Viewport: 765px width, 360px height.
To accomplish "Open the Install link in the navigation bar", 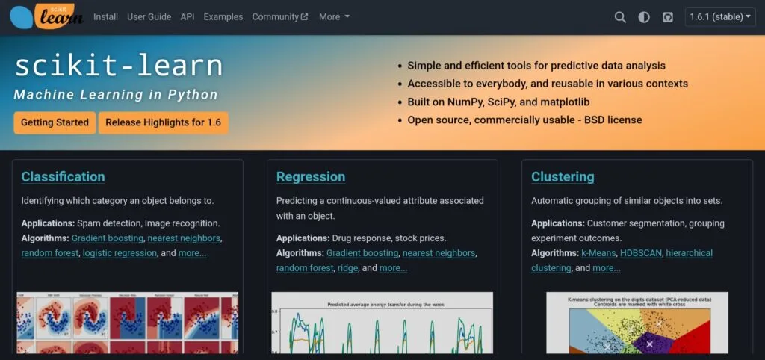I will click(x=105, y=16).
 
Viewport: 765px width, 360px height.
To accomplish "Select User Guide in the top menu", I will click(x=149, y=16).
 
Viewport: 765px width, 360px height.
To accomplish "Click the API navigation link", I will click(x=187, y=16).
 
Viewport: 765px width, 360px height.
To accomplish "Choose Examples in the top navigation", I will click(x=223, y=16).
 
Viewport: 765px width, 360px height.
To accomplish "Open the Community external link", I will click(x=279, y=16).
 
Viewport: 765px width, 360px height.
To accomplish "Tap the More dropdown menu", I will click(x=334, y=16).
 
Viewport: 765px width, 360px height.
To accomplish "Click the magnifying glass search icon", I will click(x=620, y=17).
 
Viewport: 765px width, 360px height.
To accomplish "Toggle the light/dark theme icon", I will click(x=644, y=17).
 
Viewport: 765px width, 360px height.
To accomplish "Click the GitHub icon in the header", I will click(x=668, y=17).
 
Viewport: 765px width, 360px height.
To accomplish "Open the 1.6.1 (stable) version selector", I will click(x=720, y=17).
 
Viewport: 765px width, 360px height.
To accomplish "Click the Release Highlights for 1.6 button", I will click(x=163, y=122).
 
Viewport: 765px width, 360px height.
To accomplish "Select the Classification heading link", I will click(x=63, y=177).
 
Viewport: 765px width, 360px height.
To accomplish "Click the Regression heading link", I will click(x=311, y=177).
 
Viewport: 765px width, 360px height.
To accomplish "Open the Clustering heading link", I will click(x=563, y=177).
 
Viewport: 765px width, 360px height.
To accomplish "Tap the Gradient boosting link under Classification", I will click(x=108, y=238).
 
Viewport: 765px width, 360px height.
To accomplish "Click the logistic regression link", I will click(x=120, y=253).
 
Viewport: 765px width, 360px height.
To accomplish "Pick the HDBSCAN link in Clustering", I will click(x=640, y=253).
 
